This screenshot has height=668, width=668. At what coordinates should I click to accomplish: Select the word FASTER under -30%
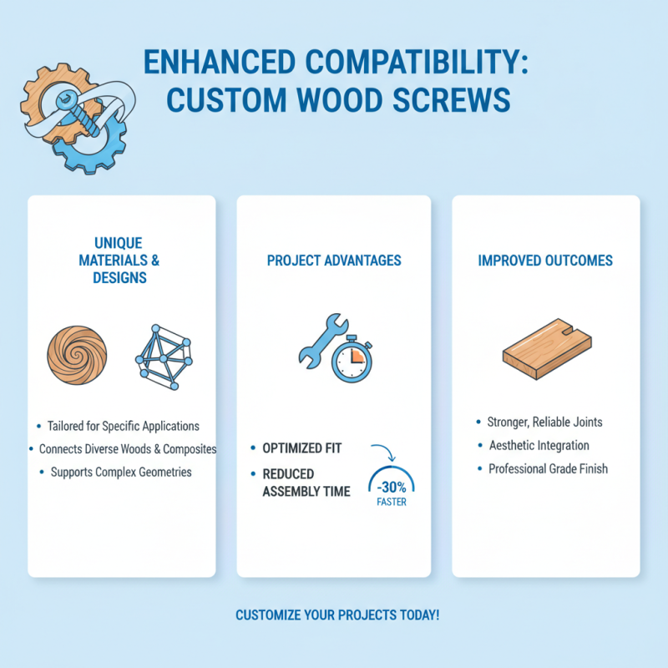pos(391,503)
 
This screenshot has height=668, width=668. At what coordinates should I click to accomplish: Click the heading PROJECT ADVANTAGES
pos(334,261)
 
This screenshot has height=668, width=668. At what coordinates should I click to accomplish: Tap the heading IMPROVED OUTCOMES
pos(545,261)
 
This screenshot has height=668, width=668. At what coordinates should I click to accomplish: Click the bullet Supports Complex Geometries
pos(121,472)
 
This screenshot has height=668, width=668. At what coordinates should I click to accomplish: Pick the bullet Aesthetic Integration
pos(539,445)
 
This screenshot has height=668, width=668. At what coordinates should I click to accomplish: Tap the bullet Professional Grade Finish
pos(548,468)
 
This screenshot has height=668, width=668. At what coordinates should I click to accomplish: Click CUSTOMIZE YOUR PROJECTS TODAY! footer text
pos(337,615)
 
